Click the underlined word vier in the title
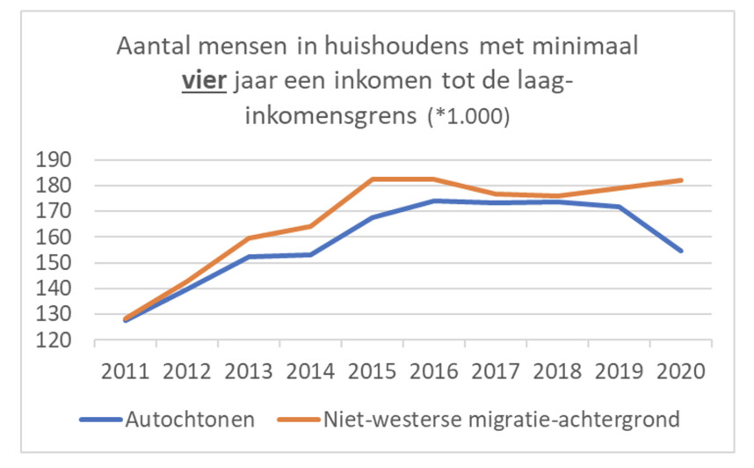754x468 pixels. pyautogui.click(x=203, y=82)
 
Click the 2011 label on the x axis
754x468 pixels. pyautogui.click(x=125, y=369)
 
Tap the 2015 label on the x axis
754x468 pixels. pyautogui.click(x=372, y=369)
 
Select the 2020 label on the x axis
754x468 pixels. pyautogui.click(x=681, y=369)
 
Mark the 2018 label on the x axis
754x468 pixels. pyautogui.click(x=557, y=369)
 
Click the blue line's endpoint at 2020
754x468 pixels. pyautogui.click(x=681, y=251)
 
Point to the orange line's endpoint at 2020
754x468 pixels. pyautogui.click(x=681, y=180)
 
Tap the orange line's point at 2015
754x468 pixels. pyautogui.click(x=372, y=179)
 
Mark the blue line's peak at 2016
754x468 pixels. pyautogui.click(x=434, y=201)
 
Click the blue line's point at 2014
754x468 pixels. pyautogui.click(x=310, y=254)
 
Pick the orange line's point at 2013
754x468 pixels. pyautogui.click(x=249, y=238)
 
